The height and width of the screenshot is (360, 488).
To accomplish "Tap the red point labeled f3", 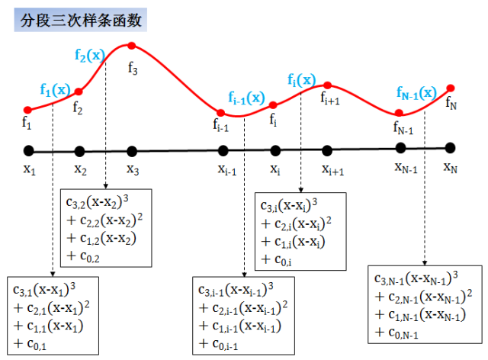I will pyautogui.click(x=132, y=46).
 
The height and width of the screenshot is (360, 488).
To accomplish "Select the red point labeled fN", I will pyautogui.click(x=451, y=88).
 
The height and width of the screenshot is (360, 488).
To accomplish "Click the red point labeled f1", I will pyautogui.click(x=28, y=110).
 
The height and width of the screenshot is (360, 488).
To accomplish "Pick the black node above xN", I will pyautogui.click(x=451, y=148).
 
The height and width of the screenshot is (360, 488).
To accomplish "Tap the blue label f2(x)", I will pyautogui.click(x=90, y=55).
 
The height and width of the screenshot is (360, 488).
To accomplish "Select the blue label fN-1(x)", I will pyautogui.click(x=416, y=92).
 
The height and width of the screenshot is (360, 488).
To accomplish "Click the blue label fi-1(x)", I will pyautogui.click(x=246, y=98).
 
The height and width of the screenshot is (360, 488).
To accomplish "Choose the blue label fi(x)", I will pyautogui.click(x=301, y=79).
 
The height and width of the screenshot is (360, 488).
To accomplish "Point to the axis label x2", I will pyautogui.click(x=80, y=168).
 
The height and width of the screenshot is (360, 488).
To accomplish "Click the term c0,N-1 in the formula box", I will pyautogui.click(x=397, y=333).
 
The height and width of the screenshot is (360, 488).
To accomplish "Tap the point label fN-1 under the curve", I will pyautogui.click(x=403, y=127).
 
